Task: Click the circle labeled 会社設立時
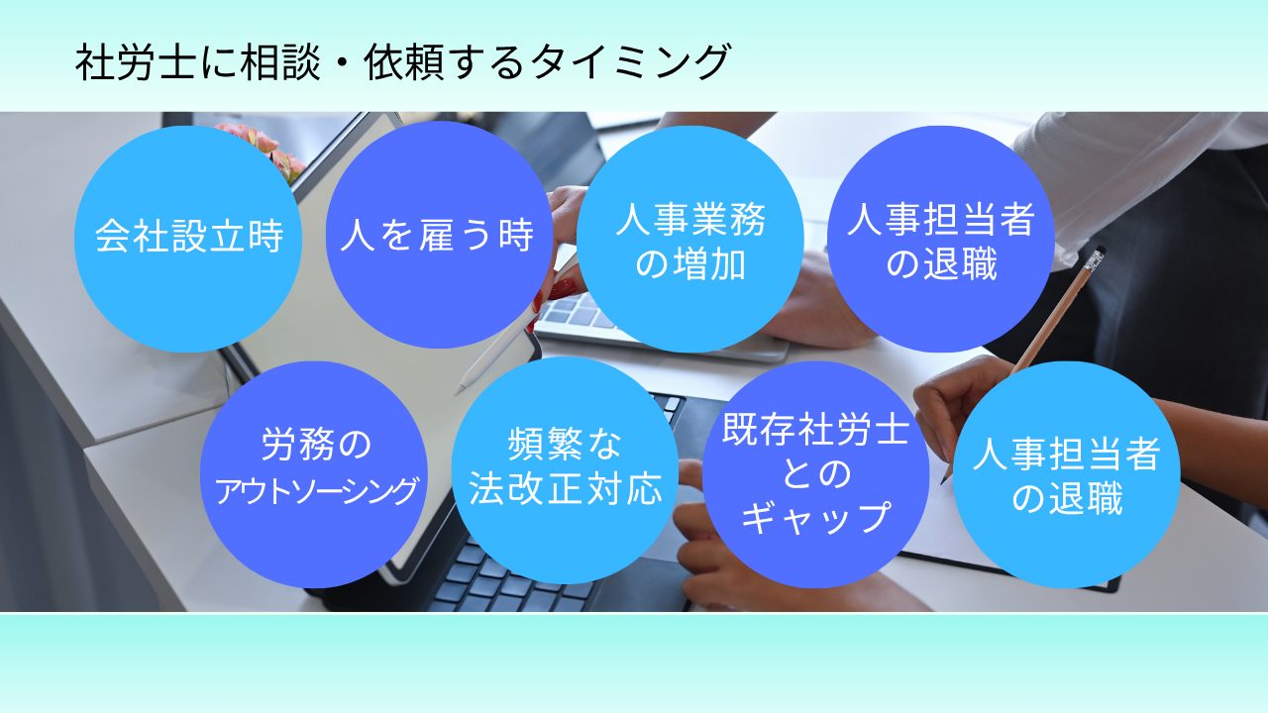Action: tap(188, 239)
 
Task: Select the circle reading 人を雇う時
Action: tap(439, 235)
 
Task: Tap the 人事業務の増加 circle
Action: tap(690, 239)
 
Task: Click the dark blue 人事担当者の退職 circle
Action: tap(941, 239)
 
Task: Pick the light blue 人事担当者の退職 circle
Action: tap(1067, 474)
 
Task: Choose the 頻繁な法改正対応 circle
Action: tap(565, 470)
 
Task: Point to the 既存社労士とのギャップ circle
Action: tap(815, 474)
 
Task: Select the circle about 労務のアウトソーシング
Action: tap(314, 474)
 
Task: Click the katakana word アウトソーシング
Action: tap(316, 490)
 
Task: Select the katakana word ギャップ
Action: tap(815, 517)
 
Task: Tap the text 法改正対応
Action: tap(565, 489)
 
